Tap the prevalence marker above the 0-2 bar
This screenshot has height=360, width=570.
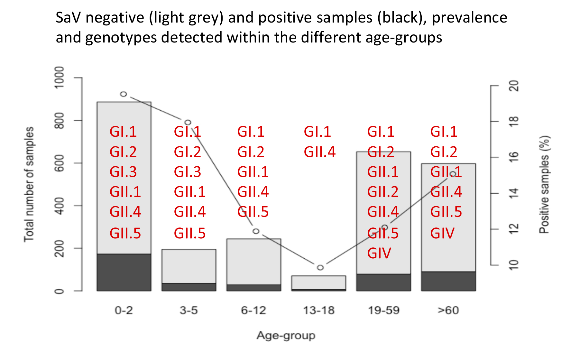click(124, 94)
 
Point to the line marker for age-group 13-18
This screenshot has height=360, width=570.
click(320, 267)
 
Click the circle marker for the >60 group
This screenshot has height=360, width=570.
click(453, 174)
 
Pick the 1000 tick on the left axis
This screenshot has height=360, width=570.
click(60, 78)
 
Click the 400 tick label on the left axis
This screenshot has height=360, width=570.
click(60, 206)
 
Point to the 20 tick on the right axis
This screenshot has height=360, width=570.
click(514, 86)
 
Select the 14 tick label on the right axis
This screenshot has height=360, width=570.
click(514, 193)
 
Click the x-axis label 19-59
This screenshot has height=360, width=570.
click(384, 310)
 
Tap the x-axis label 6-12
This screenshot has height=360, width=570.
click(253, 310)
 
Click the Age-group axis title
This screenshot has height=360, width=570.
click(286, 336)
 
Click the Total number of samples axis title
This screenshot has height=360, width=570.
click(29, 184)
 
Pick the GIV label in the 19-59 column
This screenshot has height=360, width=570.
click(379, 253)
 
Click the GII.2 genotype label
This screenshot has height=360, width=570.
click(383, 192)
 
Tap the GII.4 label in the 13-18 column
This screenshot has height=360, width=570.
click(320, 152)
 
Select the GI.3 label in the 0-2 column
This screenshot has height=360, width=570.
click(123, 172)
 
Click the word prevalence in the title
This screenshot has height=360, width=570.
click(469, 18)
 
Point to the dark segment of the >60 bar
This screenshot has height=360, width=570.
click(448, 281)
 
